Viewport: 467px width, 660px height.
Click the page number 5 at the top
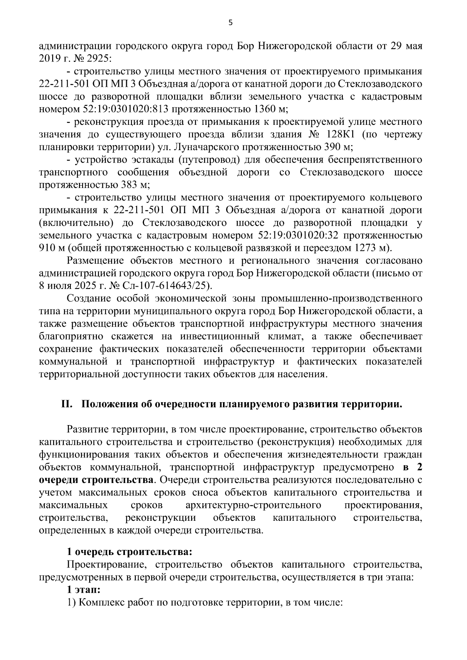click(x=230, y=23)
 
